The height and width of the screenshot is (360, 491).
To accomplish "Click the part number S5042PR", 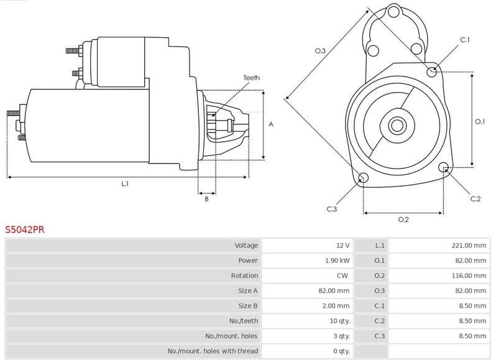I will (25, 229).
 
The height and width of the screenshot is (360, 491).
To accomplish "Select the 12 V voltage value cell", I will (342, 246).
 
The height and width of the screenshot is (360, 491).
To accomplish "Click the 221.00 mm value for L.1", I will (469, 246).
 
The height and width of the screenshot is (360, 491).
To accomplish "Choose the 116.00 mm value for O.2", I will (469, 275).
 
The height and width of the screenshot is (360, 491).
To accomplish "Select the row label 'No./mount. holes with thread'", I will (212, 351).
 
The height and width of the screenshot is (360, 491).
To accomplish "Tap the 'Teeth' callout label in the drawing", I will (252, 78).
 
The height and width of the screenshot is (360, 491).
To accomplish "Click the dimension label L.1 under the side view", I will (125, 184).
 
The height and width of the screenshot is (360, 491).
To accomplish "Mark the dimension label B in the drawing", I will (206, 198).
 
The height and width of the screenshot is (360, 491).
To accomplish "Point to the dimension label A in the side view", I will (271, 125).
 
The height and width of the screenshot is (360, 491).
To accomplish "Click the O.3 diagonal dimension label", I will (321, 51).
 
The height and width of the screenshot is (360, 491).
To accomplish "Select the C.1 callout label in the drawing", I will (464, 40).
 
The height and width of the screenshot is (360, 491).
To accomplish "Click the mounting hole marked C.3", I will (364, 179).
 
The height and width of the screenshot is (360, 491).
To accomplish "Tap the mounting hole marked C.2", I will (444, 167).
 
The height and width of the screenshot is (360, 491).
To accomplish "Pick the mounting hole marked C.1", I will (432, 72).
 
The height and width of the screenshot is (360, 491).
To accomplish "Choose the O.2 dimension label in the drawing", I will (403, 219).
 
